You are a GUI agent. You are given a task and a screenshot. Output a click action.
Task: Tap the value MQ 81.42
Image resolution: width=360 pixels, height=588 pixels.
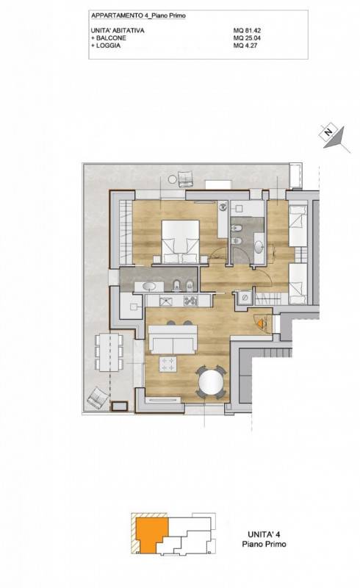(x=247, y=31)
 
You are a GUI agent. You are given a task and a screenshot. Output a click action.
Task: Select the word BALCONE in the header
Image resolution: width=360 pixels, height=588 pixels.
(x=111, y=38)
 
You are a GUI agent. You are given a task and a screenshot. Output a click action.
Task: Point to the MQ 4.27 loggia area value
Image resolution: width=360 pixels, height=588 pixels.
(x=245, y=46)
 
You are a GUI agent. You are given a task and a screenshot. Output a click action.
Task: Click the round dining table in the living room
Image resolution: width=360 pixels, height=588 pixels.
(x=211, y=382)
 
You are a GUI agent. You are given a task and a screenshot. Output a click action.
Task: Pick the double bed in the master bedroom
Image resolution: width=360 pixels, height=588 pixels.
(x=181, y=241)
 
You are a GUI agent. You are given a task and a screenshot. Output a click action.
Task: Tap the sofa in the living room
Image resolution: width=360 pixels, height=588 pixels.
(x=173, y=340)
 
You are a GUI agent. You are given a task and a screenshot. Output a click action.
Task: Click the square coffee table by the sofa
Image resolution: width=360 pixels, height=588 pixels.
(x=168, y=364)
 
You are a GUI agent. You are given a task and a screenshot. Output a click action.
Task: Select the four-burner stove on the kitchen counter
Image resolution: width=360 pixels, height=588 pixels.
(x=190, y=301)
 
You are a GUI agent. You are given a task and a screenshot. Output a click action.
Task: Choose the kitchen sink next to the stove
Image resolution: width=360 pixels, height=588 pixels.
(x=165, y=301)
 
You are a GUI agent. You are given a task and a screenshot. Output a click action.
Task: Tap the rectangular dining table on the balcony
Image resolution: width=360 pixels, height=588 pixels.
(x=109, y=352)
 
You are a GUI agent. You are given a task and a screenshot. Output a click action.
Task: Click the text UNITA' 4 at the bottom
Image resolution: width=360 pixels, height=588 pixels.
(x=264, y=534)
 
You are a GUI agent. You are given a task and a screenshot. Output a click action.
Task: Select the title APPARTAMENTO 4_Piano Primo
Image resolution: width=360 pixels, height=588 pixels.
(x=138, y=15)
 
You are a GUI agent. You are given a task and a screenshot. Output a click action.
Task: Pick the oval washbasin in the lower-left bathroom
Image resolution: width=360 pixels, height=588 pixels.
(x=149, y=287)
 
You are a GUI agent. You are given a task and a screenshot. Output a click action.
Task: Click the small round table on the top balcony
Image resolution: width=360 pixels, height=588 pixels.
(x=172, y=179)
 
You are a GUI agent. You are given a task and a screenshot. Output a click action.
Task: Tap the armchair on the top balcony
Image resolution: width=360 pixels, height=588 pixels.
(x=185, y=178)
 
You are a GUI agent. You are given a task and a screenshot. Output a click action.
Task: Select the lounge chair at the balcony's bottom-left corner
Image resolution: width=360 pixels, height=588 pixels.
(x=96, y=398)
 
